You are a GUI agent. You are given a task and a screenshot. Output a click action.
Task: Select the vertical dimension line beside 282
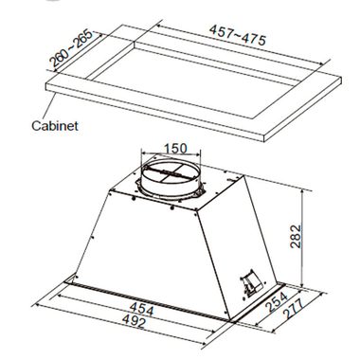point(303,236)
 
